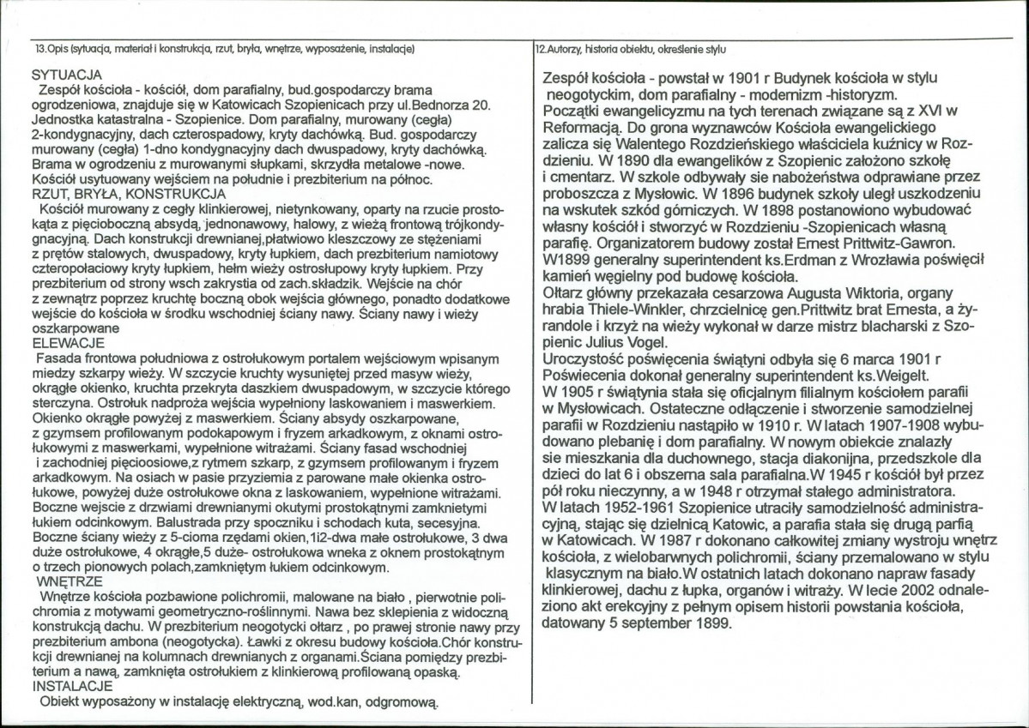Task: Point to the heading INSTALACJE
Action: coord(70,688)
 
